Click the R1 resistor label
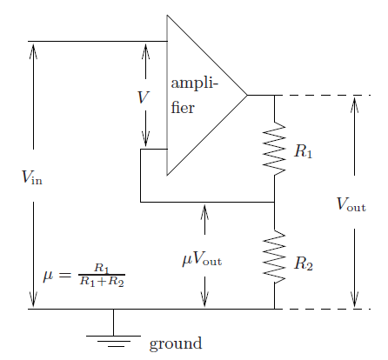304,151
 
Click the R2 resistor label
304,263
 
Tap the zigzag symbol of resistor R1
274,149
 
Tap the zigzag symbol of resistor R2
274,257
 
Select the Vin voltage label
32,177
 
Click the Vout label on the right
351,203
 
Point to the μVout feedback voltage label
202,258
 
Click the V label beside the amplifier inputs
144,97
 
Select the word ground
176,343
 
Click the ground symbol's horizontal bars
113,341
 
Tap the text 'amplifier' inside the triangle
194,96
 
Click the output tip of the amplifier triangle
247,95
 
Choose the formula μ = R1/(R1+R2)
84,275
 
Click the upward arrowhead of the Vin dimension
33,50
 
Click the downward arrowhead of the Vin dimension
33,299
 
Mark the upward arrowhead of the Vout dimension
354,104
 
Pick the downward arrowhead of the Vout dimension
354,299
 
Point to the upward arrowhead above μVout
204,211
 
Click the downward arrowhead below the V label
145,139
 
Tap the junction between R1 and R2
274,202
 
